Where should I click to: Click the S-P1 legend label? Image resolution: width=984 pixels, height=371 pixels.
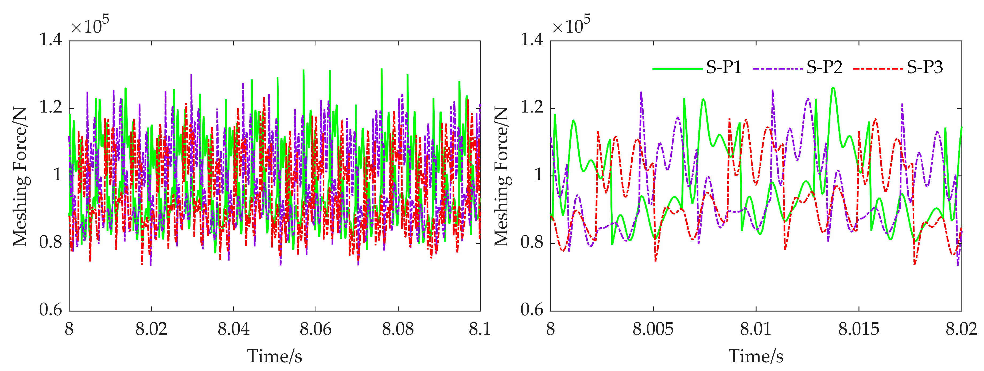724,68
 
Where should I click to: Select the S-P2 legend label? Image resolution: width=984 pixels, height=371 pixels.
824,68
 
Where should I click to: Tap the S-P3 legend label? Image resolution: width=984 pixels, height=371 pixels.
925,68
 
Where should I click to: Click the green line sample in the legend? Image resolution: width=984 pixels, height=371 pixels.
677,69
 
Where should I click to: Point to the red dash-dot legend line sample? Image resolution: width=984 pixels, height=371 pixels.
878,69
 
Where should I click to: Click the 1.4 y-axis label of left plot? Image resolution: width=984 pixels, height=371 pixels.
50,40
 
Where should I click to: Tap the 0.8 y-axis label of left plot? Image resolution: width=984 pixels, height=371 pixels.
50,242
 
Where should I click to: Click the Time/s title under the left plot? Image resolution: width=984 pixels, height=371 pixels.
275,356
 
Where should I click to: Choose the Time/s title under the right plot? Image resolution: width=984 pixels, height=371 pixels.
756,356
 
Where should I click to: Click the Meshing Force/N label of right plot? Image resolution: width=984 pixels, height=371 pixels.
501,176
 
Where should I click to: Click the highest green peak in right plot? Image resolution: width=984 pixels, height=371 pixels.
833,88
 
